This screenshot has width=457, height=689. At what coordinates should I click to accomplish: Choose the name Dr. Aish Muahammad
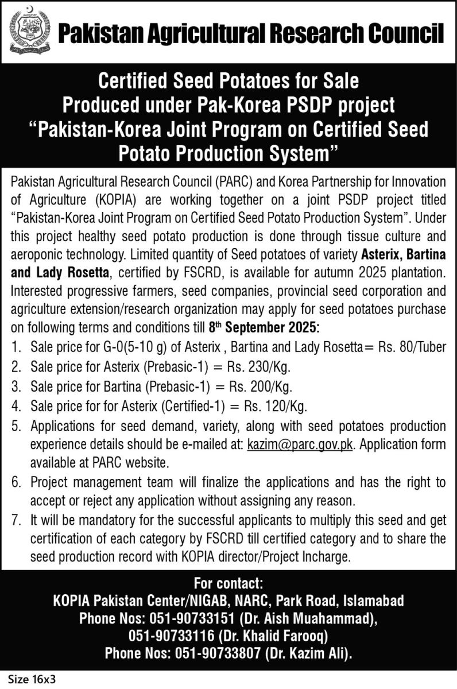(x=313, y=618)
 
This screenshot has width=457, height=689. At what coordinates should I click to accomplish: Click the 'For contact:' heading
(x=228, y=584)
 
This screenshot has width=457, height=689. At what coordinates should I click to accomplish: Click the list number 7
(x=17, y=522)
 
